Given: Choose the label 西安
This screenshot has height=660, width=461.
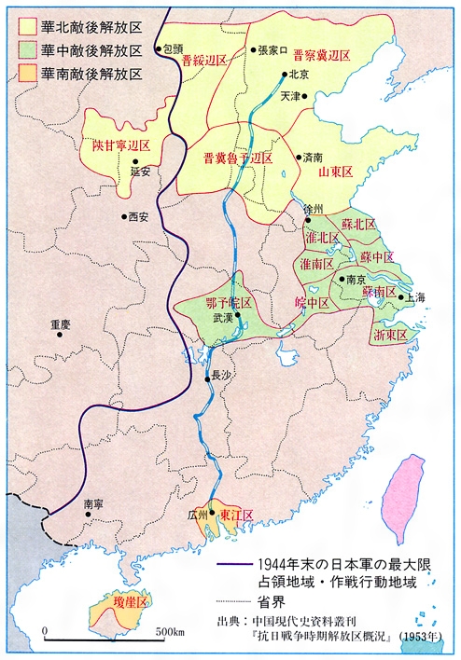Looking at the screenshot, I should click(137, 217).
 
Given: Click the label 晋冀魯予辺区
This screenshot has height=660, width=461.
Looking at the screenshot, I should click(238, 158).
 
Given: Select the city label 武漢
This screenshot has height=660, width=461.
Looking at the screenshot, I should click(226, 318).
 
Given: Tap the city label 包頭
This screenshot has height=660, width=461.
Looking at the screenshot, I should click(173, 48).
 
